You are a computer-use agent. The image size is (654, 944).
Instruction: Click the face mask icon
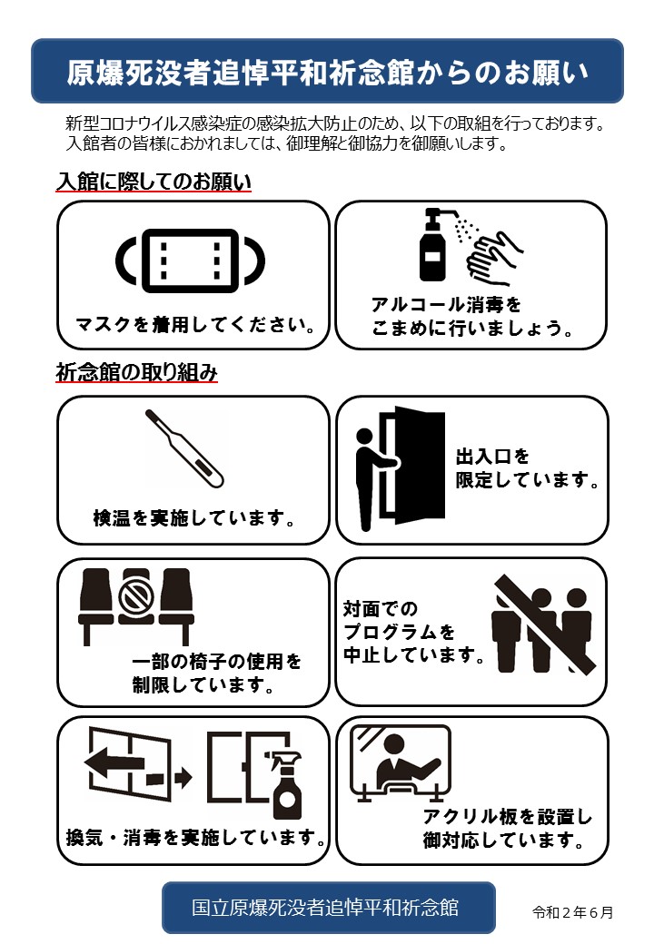pos(190,261)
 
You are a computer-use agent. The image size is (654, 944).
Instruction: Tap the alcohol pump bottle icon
pos(433,247)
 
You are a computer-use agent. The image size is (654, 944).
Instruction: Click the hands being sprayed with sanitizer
pos(494,258)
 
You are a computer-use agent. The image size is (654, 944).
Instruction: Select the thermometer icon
pos(184,447)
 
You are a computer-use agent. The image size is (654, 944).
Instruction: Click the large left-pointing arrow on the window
pos(114,762)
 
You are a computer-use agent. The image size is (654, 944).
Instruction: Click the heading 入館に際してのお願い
pos(154,182)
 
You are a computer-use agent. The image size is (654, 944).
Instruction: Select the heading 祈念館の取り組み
pos(136,372)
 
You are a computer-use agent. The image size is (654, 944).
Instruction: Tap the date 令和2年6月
pos(572,912)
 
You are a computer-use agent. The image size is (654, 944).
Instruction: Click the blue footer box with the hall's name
pos(328,908)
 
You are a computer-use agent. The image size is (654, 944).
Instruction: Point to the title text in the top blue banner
pos(327,73)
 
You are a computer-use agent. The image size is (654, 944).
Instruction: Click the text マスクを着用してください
pos(195,325)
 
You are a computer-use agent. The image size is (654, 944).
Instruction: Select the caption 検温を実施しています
pos(193,517)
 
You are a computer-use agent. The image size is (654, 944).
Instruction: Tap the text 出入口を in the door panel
pos(492,457)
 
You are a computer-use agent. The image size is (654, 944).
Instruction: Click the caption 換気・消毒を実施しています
pos(195,838)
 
